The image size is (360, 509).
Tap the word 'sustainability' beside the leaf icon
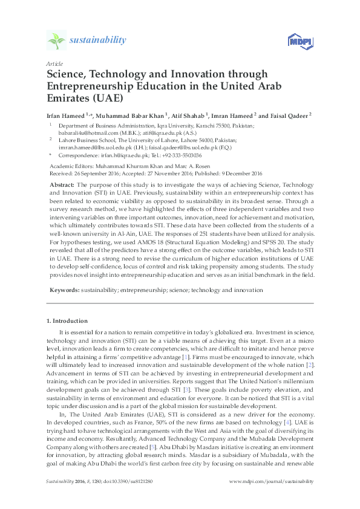point(98,41)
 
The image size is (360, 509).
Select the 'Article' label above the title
point(53,63)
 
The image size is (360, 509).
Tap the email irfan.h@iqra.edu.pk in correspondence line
point(127,155)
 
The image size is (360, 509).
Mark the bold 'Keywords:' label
point(62,290)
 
